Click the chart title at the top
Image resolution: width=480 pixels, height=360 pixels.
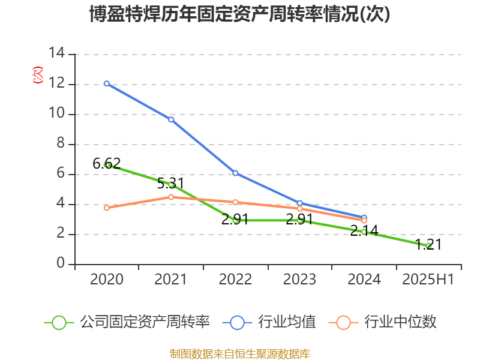pos(240,14)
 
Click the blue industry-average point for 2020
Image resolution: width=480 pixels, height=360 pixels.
pos(107,83)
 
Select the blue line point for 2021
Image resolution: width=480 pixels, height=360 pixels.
pos(171,119)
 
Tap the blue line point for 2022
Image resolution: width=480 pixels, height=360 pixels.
pos(235,173)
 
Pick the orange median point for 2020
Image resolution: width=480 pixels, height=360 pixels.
pos(107,208)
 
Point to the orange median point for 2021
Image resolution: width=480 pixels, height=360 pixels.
pos(171,197)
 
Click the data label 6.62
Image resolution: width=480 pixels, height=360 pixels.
pos(107,163)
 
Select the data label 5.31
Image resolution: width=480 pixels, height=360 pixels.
pos(171,183)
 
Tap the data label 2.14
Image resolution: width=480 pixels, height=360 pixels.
pos(364,229)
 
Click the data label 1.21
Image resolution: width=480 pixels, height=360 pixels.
pos(428,244)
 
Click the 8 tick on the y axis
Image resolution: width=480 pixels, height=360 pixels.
pos(61,144)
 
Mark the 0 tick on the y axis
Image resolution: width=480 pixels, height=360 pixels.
pos(61,264)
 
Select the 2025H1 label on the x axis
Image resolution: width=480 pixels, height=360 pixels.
pos(428,280)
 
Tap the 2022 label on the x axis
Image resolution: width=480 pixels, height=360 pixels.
pos(235,280)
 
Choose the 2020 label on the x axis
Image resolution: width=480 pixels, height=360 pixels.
pos(107,280)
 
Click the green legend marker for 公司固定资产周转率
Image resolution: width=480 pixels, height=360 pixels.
pos(59,322)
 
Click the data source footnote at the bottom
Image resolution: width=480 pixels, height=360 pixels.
pos(240,353)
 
